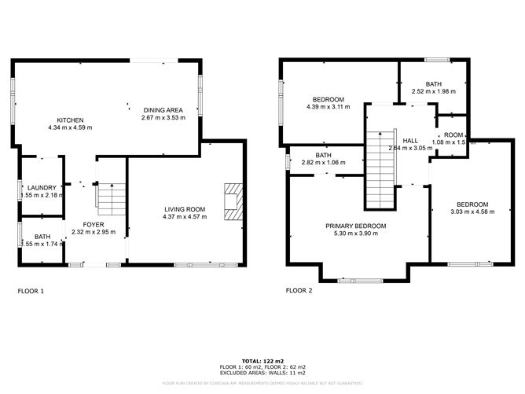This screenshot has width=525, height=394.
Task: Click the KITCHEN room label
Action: coord(70,119)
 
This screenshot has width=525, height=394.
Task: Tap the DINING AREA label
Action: coord(162,109)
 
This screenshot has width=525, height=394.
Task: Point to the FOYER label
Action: coord(87,224)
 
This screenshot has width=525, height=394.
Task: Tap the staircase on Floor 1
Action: coord(110,197)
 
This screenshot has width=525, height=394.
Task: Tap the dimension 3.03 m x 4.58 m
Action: coord(470,212)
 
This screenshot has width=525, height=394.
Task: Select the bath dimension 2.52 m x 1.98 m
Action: coord(433,92)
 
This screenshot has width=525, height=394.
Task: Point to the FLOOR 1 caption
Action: coord(31,290)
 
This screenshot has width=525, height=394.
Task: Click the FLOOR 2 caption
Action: coord(299,290)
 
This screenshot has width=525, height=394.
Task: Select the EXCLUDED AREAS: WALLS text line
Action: coord(262,373)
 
